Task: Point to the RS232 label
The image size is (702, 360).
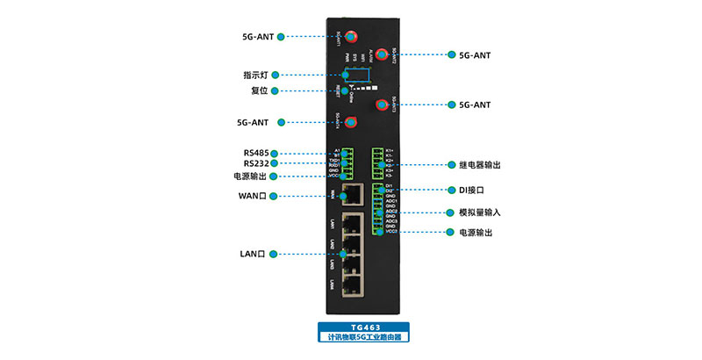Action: click(x=256, y=163)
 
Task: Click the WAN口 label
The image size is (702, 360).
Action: click(x=253, y=195)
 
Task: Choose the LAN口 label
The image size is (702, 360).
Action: click(x=252, y=254)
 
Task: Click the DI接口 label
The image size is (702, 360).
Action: click(x=469, y=190)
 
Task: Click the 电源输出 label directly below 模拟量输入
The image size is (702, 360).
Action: click(x=474, y=233)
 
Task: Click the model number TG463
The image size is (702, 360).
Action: click(x=364, y=327)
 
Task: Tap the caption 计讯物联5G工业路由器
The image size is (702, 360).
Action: click(x=364, y=336)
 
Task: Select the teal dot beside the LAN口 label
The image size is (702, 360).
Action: click(x=274, y=254)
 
